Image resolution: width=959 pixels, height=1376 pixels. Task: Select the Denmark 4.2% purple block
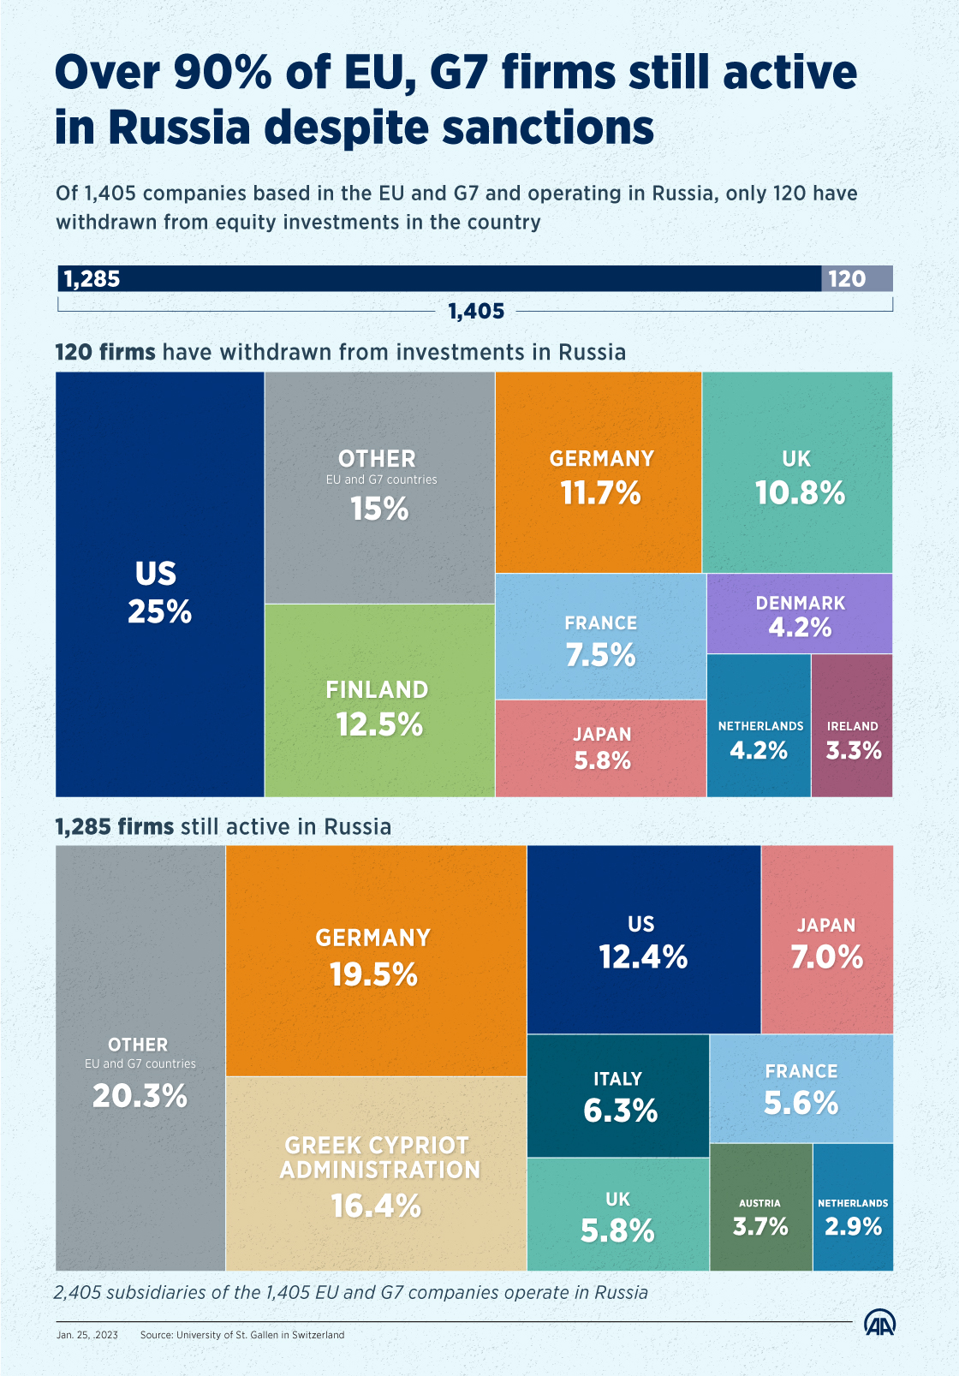tap(800, 614)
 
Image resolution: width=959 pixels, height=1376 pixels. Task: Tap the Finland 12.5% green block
tap(379, 700)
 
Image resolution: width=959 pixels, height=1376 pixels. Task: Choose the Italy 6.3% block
tap(618, 1096)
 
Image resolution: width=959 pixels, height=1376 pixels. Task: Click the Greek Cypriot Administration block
tap(377, 1173)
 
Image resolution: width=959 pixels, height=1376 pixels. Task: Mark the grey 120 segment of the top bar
tap(856, 279)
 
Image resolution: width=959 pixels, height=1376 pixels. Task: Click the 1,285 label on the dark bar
tap(92, 279)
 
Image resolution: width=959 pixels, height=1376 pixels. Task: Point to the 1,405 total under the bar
tap(476, 312)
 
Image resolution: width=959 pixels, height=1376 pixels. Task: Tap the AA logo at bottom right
tap(879, 1324)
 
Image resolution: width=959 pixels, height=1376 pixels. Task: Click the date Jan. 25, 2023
tap(87, 1335)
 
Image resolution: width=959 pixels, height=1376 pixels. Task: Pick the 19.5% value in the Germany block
tap(374, 974)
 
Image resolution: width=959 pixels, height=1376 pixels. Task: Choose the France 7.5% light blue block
tap(600, 637)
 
